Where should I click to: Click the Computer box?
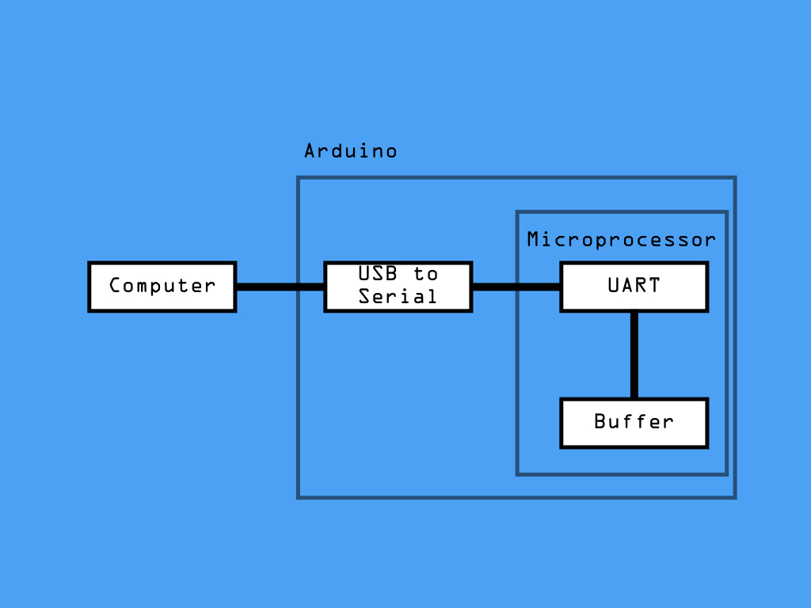pyautogui.click(x=162, y=287)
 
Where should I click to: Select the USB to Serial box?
pyautogui.click(x=398, y=287)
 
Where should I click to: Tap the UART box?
pyautogui.click(x=634, y=287)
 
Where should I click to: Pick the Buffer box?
pyautogui.click(x=634, y=423)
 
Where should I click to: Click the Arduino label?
pyautogui.click(x=351, y=151)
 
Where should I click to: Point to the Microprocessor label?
pyautogui.click(x=621, y=240)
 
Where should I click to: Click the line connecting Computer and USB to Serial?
pyautogui.click(x=280, y=287)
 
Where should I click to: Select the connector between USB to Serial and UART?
pyautogui.click(x=516, y=287)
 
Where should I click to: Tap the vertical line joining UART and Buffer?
pyautogui.click(x=634, y=355)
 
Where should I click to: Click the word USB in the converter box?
pyautogui.click(x=378, y=273)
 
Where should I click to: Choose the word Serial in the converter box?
pyautogui.click(x=398, y=296)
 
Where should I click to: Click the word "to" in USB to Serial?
pyautogui.click(x=425, y=274)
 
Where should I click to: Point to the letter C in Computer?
pyautogui.click(x=115, y=285)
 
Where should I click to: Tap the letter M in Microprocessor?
pyautogui.click(x=533, y=239)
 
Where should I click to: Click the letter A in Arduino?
pyautogui.click(x=310, y=151)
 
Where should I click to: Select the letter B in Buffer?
pyautogui.click(x=600, y=421)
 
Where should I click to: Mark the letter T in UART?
pyautogui.click(x=654, y=285)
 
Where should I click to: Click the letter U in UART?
pyautogui.click(x=614, y=285)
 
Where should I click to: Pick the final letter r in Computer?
pyautogui.click(x=209, y=287)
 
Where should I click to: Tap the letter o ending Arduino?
pyautogui.click(x=391, y=153)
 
